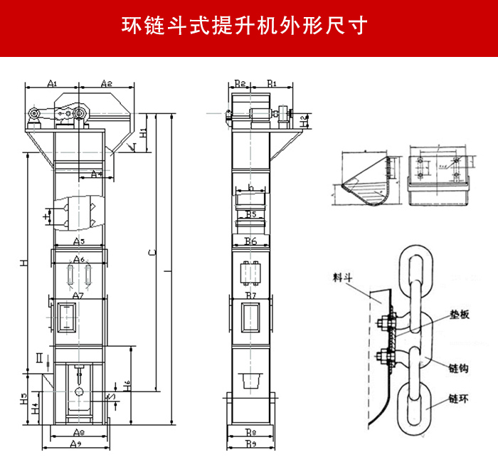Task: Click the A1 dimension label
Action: (52, 83)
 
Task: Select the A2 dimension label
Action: (106, 83)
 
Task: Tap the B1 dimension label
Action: (272, 83)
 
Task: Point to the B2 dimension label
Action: (240, 83)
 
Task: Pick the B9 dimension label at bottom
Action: (250, 444)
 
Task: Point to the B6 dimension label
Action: (250, 242)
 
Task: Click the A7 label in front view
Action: (78, 295)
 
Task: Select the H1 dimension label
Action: (143, 133)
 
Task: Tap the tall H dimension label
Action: (23, 263)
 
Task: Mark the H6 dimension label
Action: (127, 384)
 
